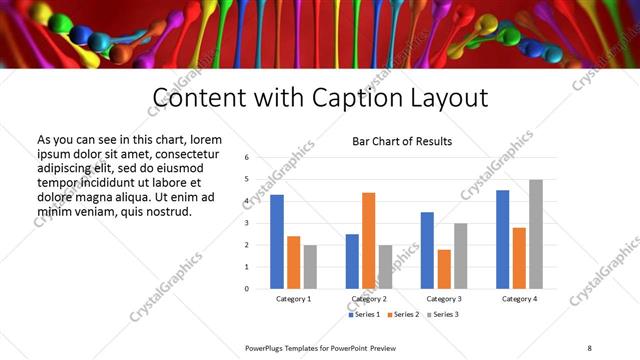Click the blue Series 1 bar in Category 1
277,241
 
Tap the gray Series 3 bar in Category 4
536,234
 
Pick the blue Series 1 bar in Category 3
427,250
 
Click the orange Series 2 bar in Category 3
444,268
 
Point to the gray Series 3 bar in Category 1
310,266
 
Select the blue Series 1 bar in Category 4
502,239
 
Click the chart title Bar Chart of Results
402,142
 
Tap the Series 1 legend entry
363,315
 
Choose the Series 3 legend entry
445,315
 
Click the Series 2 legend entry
404,315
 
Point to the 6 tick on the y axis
246,158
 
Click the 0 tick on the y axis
246,289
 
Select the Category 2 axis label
369,299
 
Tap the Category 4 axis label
519,299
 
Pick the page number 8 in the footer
588,348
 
